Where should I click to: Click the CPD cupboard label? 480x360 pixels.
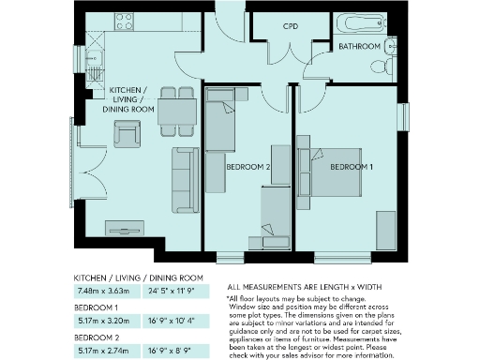(291, 27)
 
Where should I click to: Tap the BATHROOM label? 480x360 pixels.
(359, 46)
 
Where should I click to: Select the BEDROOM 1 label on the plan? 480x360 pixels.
(351, 167)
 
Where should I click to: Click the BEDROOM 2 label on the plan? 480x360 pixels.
(247, 168)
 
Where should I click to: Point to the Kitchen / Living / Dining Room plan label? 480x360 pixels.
(130, 97)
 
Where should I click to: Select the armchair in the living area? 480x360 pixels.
(127, 135)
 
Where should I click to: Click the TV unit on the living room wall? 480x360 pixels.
(124, 227)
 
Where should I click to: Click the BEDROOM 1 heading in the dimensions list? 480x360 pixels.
(97, 307)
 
